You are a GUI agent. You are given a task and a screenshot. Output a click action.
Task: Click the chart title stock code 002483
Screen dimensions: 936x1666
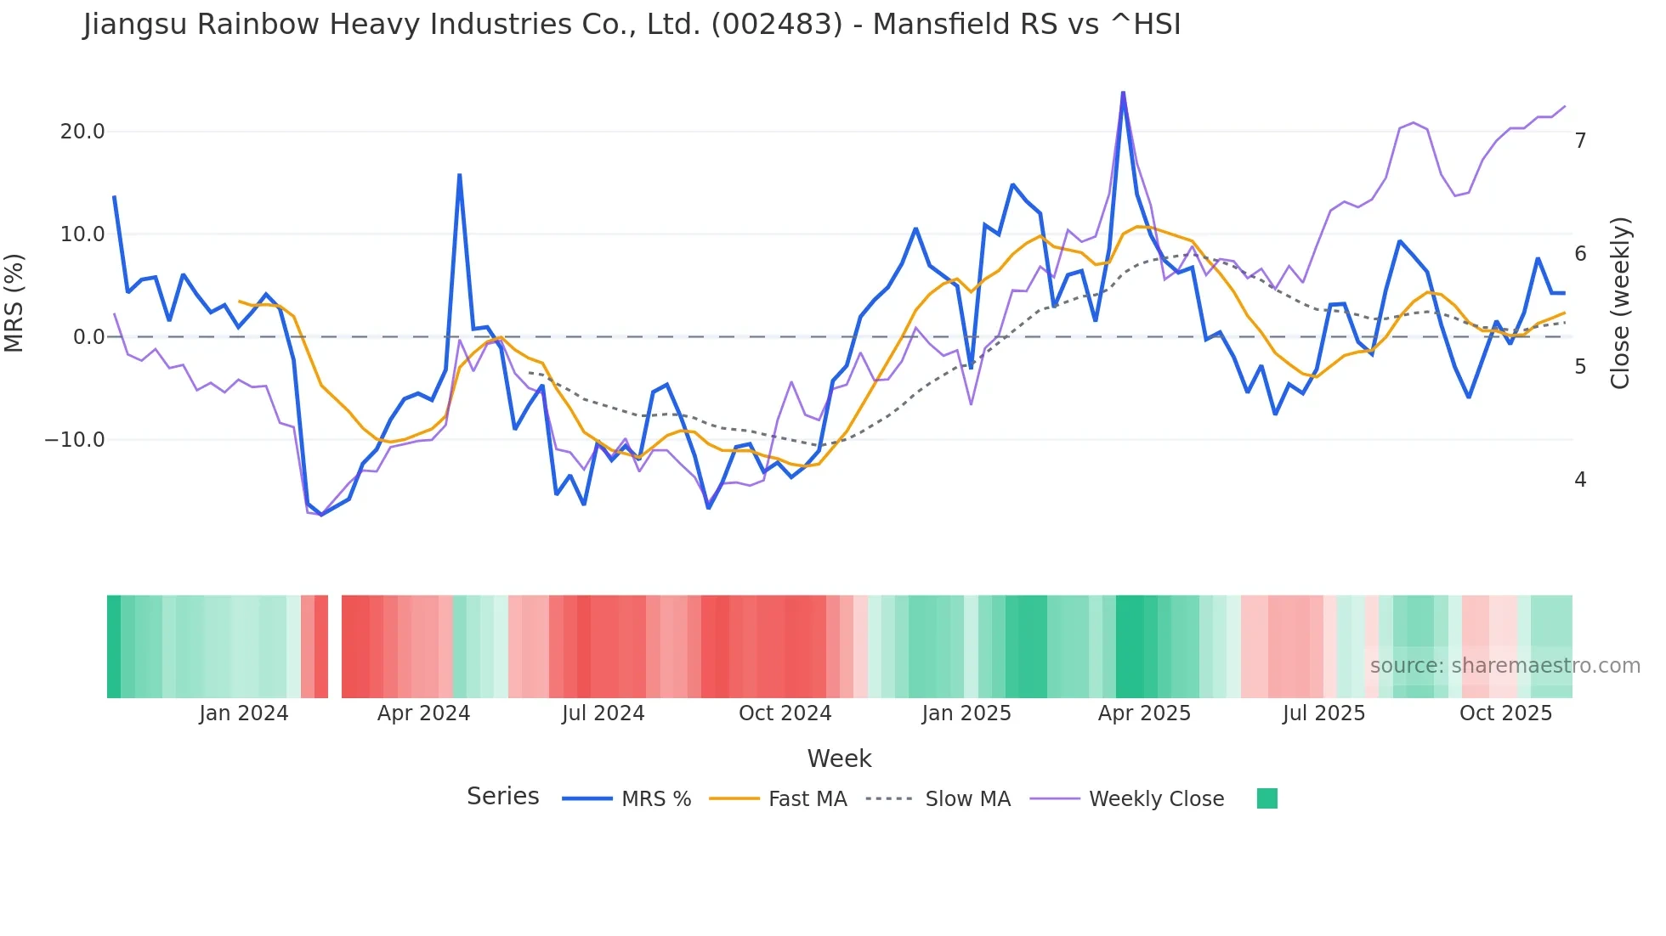click(776, 25)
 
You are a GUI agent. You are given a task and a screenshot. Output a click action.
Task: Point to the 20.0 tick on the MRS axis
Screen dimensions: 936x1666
click(82, 132)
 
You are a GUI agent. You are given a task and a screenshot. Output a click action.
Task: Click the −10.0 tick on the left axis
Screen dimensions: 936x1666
click(75, 440)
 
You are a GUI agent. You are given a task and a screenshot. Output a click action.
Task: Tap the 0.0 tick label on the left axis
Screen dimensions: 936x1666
click(88, 337)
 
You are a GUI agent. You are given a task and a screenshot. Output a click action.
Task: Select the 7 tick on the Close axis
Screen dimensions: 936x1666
click(1580, 141)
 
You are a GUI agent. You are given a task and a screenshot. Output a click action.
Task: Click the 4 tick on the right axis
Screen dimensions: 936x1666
click(1580, 480)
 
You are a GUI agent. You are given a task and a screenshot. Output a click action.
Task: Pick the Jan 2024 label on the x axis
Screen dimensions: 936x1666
click(244, 713)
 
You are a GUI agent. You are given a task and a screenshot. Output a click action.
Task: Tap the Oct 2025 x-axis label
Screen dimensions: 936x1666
click(1505, 713)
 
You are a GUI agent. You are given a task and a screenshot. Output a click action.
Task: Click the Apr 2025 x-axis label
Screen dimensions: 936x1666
click(1144, 713)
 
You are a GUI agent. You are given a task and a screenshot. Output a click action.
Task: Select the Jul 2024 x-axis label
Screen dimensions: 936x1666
click(603, 713)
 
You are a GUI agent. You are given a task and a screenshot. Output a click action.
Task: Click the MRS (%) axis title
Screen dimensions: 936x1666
click(14, 302)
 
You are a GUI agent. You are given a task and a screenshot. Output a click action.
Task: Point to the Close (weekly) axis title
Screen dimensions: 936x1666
click(1620, 302)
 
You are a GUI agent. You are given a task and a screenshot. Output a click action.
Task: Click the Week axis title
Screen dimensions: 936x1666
click(839, 758)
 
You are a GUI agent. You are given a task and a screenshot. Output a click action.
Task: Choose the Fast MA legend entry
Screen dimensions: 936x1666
click(807, 799)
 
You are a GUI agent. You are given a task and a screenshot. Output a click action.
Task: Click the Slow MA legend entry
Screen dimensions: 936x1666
click(967, 799)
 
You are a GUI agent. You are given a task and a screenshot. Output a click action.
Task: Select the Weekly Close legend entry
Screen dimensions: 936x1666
click(1156, 799)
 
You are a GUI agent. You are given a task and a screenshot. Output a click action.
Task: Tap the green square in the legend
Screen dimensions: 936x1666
click(1266, 799)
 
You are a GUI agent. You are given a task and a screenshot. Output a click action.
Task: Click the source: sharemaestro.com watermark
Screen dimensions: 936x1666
click(1504, 666)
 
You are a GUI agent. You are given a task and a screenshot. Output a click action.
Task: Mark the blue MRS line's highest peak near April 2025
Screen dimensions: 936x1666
click(1123, 93)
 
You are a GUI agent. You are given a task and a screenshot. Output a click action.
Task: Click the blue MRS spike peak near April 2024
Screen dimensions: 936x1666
click(460, 175)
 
